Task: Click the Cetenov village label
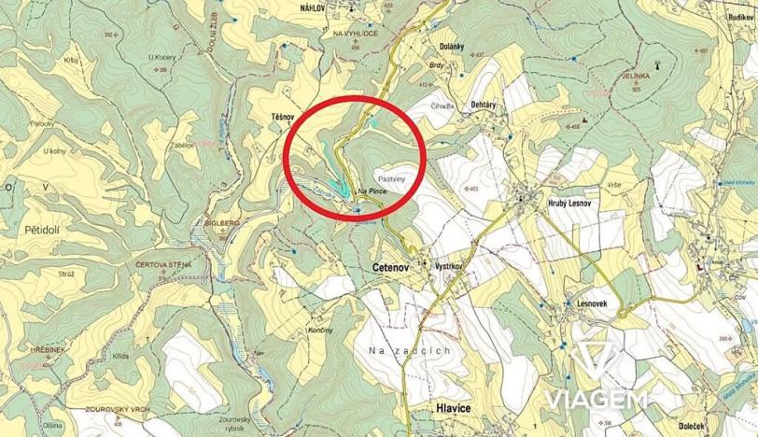point(380,267)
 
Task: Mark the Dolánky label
point(452,45)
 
